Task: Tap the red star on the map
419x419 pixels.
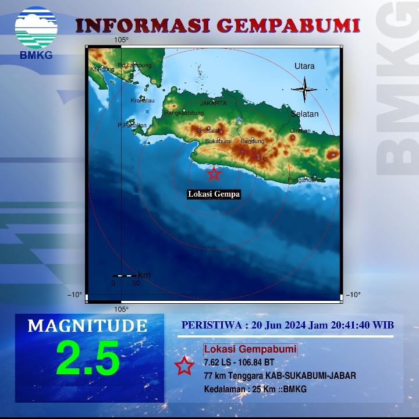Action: click(214, 173)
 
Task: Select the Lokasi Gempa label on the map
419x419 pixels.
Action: click(214, 194)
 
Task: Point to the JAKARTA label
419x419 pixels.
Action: click(213, 104)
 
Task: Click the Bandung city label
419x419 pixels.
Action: click(253, 141)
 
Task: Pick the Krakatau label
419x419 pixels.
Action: click(143, 101)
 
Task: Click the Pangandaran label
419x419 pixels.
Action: click(306, 180)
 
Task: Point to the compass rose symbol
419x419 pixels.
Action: click(304, 90)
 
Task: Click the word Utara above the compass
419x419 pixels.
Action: click(304, 66)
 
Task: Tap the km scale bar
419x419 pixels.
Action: click(124, 275)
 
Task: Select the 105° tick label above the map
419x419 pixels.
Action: click(121, 40)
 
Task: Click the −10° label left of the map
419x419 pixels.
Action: click(75, 294)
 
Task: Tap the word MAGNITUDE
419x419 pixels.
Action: click(87, 325)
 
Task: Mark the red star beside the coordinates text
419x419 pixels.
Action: click(184, 365)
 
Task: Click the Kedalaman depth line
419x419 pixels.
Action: click(255, 389)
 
